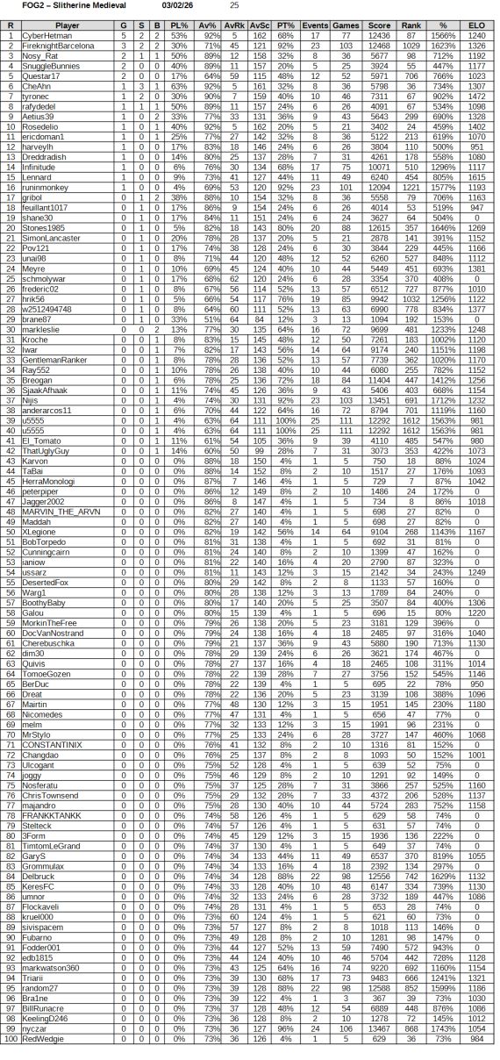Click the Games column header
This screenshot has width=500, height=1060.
[346, 25]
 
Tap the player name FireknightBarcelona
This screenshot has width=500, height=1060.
[58, 43]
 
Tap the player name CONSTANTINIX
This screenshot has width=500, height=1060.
[52, 745]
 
